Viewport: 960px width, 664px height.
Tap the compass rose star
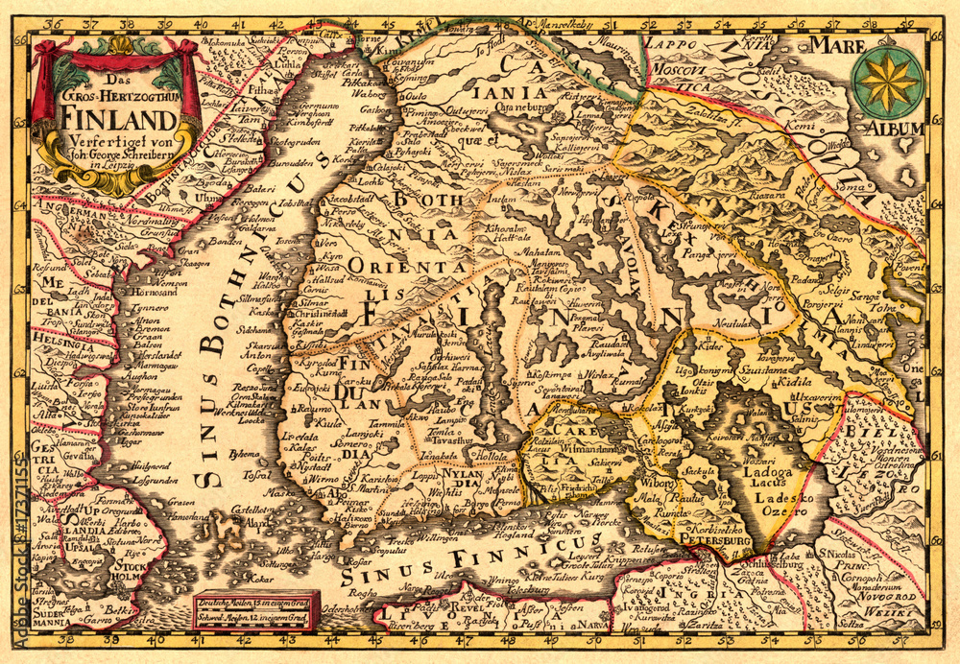[x=887, y=83]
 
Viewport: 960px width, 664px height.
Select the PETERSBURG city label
[x=714, y=542]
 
